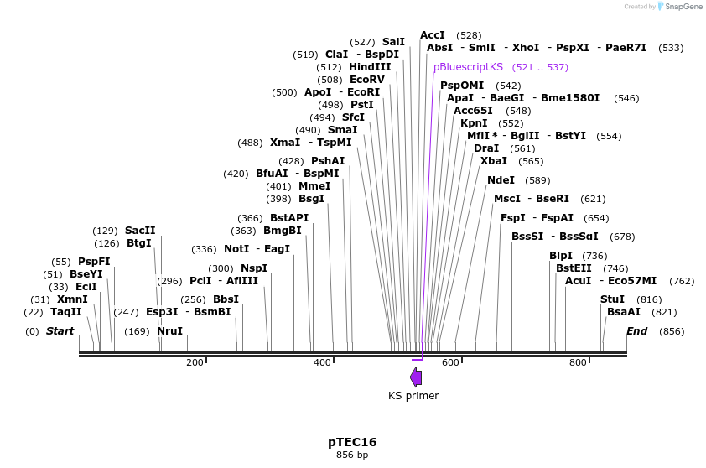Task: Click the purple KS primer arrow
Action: click(416, 377)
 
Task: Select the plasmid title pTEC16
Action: click(352, 442)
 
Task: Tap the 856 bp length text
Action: click(352, 455)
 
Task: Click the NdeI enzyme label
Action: click(501, 180)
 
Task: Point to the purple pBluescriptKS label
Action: click(468, 66)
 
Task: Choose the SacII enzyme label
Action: click(140, 231)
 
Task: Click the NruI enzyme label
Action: click(169, 331)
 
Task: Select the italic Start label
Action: click(60, 331)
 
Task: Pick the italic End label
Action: click(636, 331)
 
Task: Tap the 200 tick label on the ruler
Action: click(195, 362)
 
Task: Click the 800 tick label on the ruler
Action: click(578, 362)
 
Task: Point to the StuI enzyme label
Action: click(612, 299)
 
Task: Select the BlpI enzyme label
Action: click(561, 256)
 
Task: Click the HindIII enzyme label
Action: click(370, 67)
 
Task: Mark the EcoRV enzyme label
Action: click(367, 80)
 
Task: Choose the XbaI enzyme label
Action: click(494, 161)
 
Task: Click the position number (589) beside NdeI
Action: click(537, 180)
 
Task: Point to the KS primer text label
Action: click(413, 396)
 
